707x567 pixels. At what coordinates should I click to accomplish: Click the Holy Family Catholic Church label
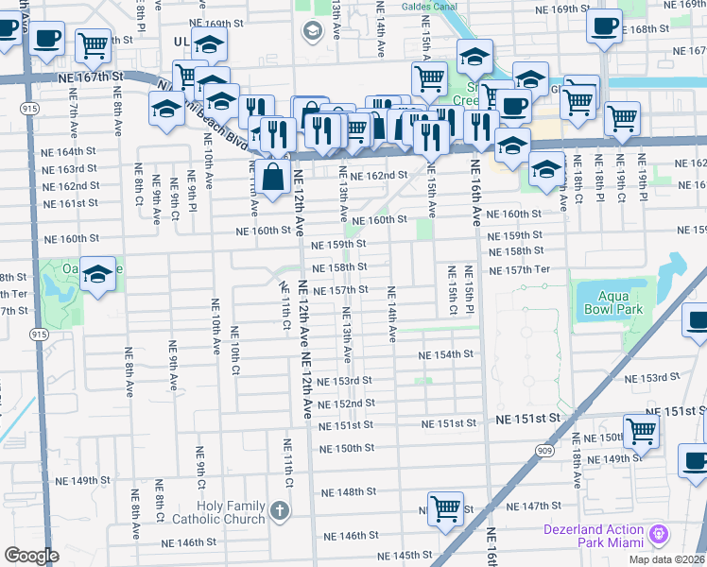(217, 512)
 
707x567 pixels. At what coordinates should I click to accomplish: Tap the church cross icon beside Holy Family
(279, 511)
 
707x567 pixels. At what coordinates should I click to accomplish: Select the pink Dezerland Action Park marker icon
(659, 534)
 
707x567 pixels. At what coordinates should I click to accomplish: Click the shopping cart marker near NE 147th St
(445, 508)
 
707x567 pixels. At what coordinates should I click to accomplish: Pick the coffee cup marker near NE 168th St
(603, 27)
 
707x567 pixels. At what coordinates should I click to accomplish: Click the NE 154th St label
(446, 354)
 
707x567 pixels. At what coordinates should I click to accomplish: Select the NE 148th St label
(348, 492)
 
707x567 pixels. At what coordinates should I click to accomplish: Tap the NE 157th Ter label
(519, 269)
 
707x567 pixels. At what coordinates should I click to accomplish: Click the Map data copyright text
(667, 559)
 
